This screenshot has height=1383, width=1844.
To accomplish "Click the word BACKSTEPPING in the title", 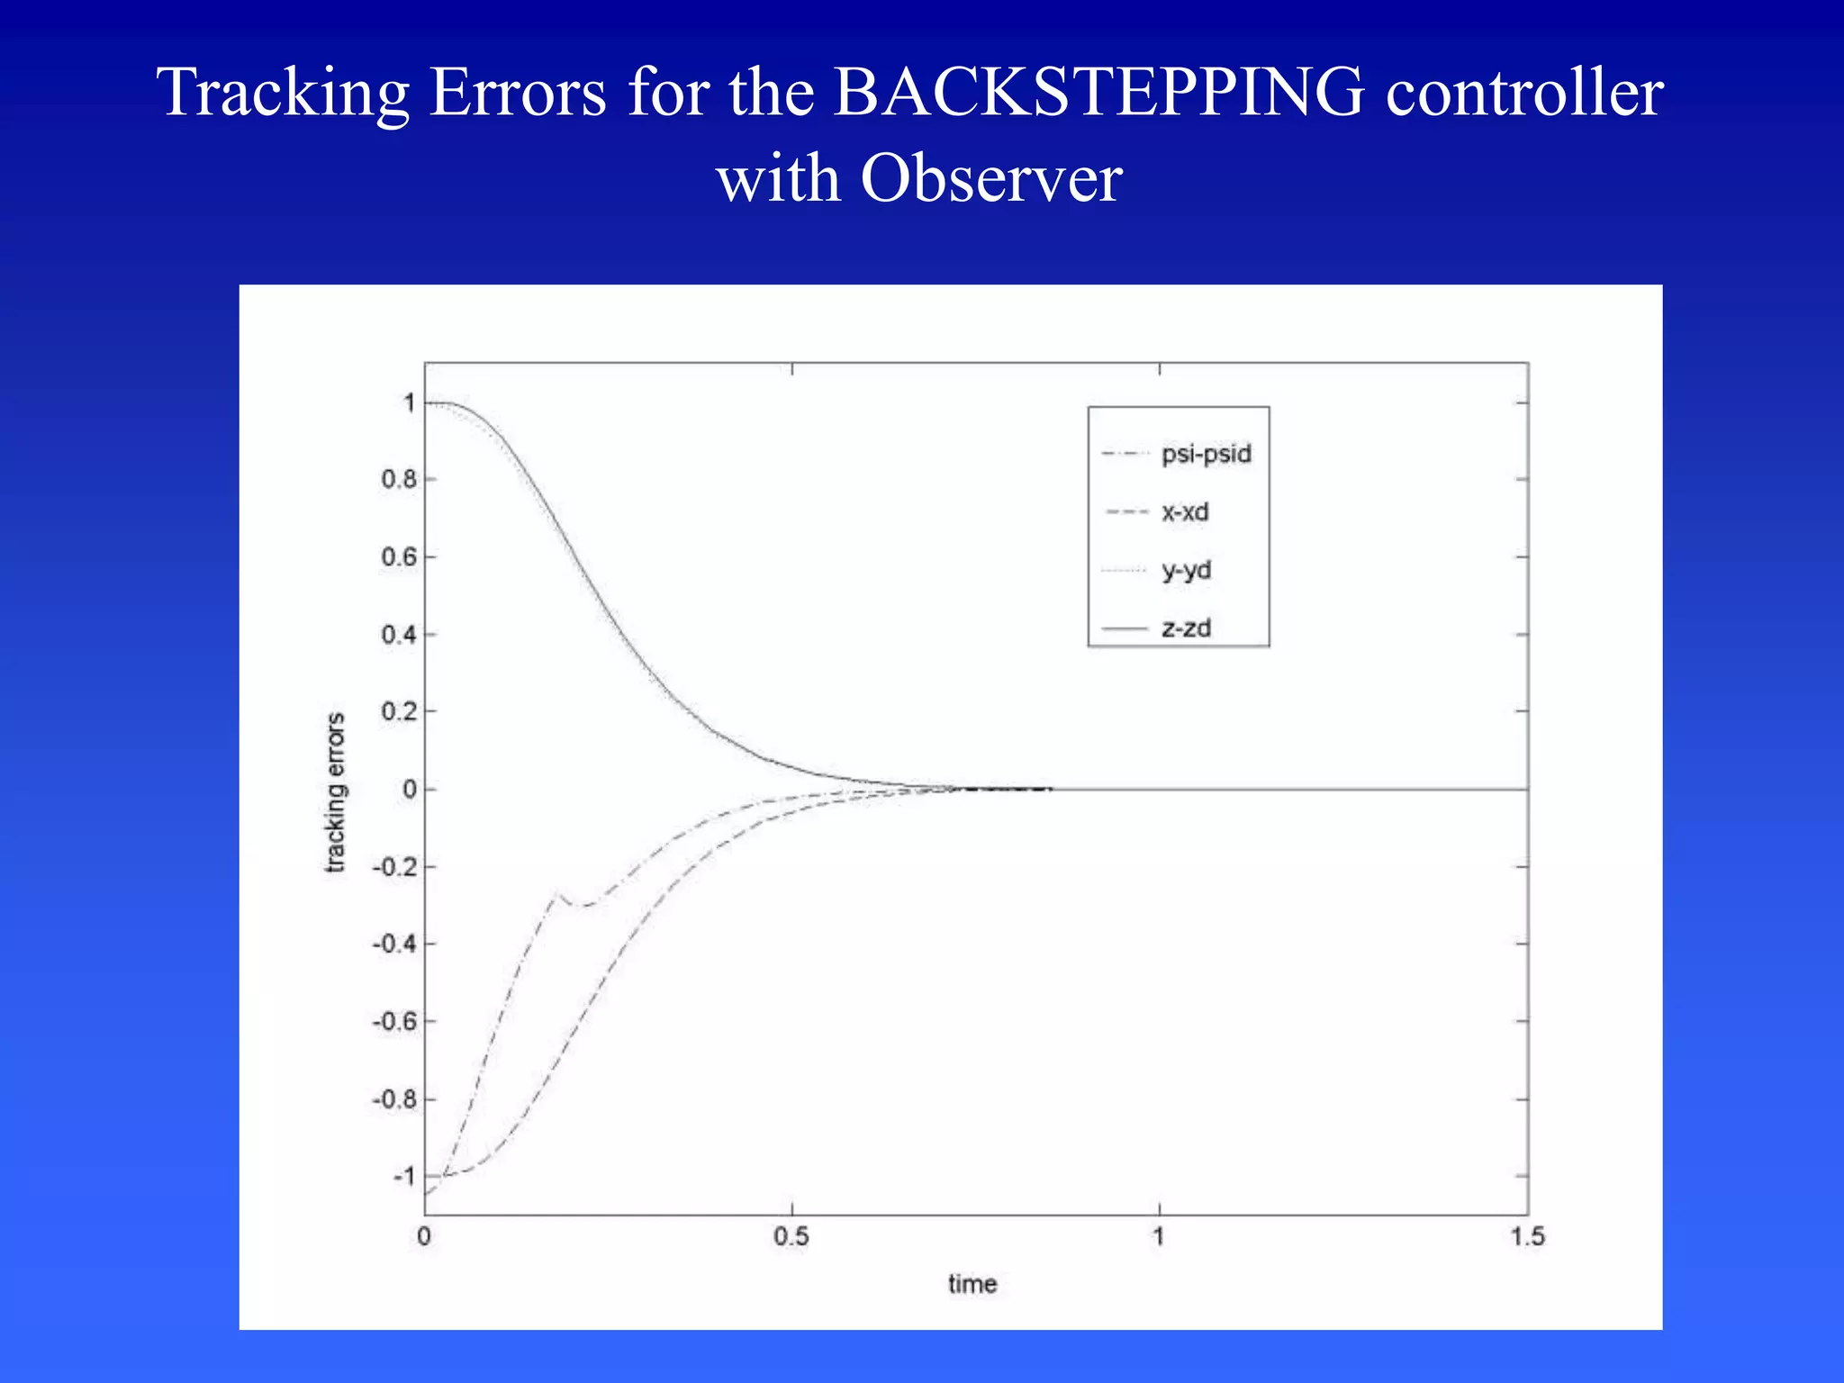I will click(1098, 93).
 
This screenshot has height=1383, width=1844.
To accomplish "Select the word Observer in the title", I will click(990, 178).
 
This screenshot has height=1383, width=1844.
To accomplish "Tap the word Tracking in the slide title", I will click(283, 93).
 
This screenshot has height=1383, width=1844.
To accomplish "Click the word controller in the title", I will click(1523, 93).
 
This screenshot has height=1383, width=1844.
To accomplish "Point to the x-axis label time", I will click(972, 1284).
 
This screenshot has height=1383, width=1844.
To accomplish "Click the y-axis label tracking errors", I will click(335, 792).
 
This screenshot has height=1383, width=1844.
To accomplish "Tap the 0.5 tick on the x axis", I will click(791, 1236).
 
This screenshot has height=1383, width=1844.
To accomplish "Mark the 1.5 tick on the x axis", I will click(1527, 1236).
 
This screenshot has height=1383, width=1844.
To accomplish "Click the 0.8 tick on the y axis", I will click(399, 479).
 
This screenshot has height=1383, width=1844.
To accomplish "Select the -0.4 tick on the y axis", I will click(394, 945).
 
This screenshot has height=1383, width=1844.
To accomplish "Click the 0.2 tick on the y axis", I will click(399, 711).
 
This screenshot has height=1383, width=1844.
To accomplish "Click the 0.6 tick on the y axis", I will click(399, 557).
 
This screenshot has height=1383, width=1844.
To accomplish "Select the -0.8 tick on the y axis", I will click(394, 1099).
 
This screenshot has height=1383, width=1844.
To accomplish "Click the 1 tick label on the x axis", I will click(1159, 1236).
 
